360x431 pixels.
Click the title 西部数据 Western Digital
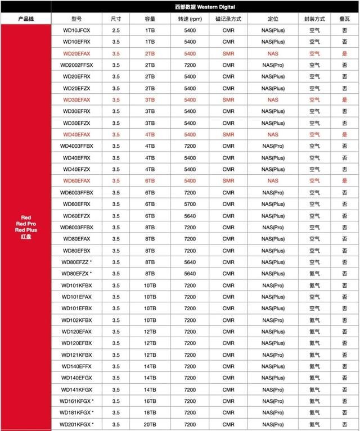(x=205, y=7)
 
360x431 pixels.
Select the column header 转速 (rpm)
(x=190, y=19)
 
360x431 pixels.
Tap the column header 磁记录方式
(x=228, y=19)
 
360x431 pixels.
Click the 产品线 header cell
(x=26, y=19)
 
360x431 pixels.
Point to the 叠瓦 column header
(x=344, y=19)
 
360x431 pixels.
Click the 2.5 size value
(x=116, y=30)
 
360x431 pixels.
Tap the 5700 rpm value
(x=190, y=204)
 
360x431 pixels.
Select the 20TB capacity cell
(x=150, y=424)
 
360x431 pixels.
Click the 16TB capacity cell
(x=150, y=401)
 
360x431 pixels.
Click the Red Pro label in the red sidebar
(x=26, y=224)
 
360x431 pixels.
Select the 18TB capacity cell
(x=150, y=412)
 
